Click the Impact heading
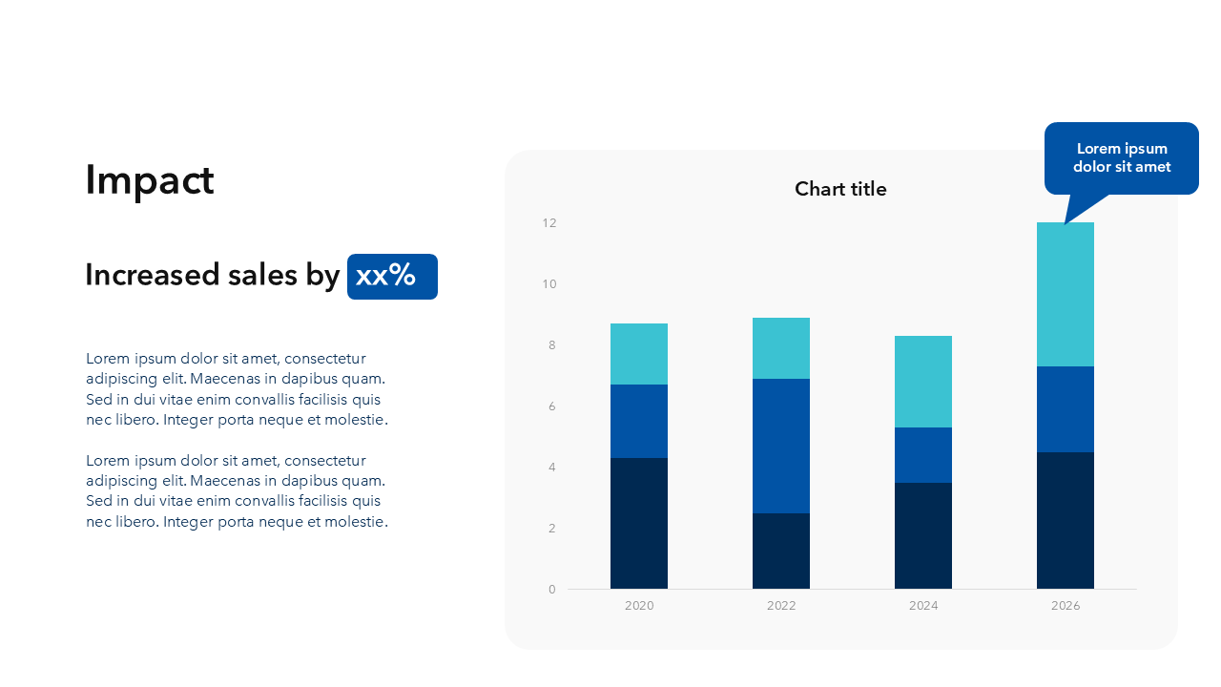150,180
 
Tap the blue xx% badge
392,277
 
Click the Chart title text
840,189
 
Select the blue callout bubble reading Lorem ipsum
1121,158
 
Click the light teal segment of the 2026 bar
1066,294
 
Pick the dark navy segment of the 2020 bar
639,523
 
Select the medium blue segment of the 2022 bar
781,446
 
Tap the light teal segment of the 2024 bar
923,382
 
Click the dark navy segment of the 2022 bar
781,551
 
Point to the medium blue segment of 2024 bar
923,455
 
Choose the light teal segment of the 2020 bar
639,354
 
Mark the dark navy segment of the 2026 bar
1066,520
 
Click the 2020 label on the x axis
639,606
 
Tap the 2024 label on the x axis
923,606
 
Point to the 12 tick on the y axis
549,223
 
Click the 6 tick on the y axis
552,406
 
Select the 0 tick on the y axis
552,590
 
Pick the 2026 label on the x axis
1066,606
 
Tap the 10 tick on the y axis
549,284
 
